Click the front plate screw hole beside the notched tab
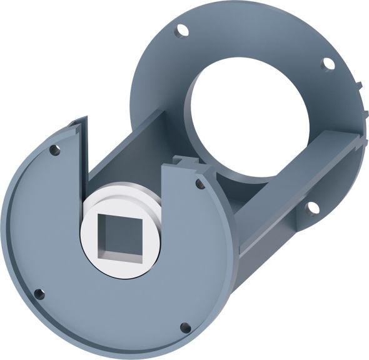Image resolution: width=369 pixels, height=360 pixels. (199, 183)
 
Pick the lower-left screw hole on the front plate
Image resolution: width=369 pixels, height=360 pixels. (39, 293)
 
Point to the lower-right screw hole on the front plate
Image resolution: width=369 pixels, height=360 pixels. (184, 327)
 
